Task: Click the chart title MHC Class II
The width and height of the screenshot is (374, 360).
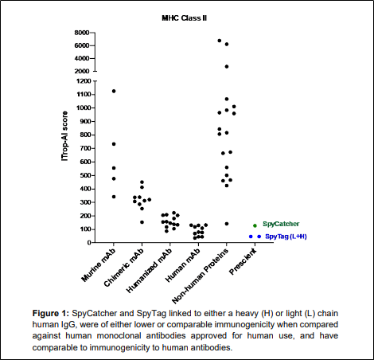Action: [185, 18]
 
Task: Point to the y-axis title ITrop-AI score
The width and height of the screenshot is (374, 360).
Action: [64, 136]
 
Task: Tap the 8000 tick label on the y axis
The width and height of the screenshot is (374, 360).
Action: [82, 33]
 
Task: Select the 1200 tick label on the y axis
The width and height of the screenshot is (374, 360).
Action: [84, 81]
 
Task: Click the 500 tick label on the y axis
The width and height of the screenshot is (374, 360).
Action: [85, 175]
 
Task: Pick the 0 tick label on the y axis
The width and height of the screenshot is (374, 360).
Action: [89, 243]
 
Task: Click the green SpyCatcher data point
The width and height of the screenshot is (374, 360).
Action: [255, 225]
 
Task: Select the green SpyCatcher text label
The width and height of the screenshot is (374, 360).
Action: [281, 224]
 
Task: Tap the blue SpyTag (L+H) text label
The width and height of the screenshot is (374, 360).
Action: [286, 237]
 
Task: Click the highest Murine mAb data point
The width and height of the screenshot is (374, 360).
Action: [114, 91]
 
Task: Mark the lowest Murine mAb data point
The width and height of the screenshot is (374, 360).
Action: [114, 197]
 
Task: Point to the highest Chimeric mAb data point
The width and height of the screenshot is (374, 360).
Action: [142, 182]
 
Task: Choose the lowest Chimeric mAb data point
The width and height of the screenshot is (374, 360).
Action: [142, 222]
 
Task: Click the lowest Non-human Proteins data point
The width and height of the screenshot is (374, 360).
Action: [227, 224]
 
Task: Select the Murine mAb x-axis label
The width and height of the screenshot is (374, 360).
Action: [99, 265]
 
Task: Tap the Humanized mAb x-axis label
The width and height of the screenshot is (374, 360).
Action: [149, 271]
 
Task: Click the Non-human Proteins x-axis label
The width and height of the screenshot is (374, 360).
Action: [200, 276]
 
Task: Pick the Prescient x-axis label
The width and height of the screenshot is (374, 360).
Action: [243, 262]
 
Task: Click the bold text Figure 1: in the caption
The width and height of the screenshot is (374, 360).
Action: [51, 313]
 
